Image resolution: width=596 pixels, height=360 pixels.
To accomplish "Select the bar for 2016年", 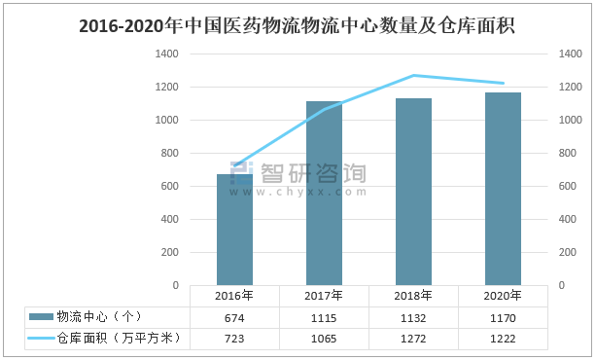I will click(234, 230).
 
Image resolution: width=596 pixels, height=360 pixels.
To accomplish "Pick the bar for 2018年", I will click(413, 192).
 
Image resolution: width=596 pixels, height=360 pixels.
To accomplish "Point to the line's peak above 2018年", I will click(413, 75).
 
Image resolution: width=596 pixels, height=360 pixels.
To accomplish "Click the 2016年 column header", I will click(234, 296).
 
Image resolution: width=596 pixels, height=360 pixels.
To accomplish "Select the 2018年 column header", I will click(413, 296).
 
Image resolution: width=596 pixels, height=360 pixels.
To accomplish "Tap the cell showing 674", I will click(234, 317).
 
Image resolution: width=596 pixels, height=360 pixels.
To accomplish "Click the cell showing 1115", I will click(324, 317).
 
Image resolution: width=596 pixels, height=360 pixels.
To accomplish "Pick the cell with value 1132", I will click(413, 317).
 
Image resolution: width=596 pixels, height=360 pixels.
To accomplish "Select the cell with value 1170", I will click(503, 317).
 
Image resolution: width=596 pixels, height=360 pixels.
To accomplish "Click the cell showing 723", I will click(234, 338).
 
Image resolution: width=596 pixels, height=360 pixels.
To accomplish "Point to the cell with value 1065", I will click(324, 338).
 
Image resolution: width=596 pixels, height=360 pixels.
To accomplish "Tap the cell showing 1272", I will click(413, 338).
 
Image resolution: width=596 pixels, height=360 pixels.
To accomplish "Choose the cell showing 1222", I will click(503, 338).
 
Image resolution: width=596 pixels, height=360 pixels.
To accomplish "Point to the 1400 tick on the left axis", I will click(165, 54).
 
